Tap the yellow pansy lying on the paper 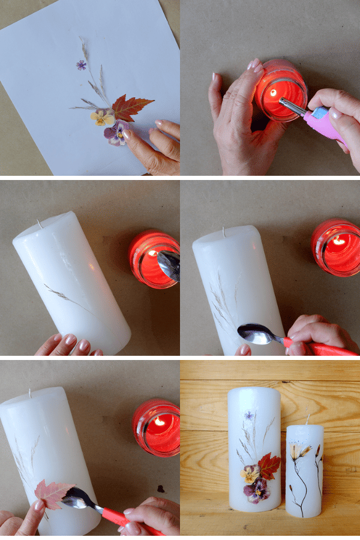[x=103, y=117]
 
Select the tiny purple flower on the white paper [x=81, y=65]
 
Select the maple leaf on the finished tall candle [x=269, y=465]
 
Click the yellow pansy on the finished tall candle [x=250, y=474]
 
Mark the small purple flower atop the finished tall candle [x=248, y=415]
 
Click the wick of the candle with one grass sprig [x=40, y=224]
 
